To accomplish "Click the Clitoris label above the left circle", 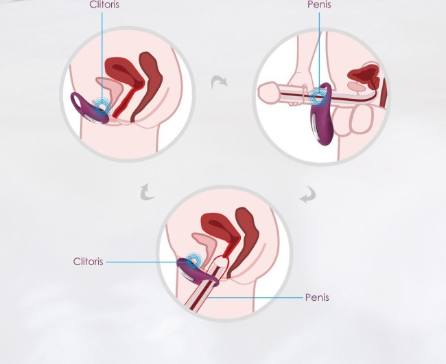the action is click(x=104, y=5).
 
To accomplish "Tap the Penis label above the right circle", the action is click(x=319, y=5).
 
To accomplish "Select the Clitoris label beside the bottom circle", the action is click(x=89, y=262).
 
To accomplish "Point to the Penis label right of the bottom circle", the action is click(x=317, y=297).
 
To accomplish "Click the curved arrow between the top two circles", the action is click(x=219, y=81).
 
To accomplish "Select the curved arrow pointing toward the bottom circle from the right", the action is click(x=309, y=195).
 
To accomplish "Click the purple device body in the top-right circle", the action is click(x=321, y=122).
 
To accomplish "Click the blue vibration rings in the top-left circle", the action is click(x=102, y=106).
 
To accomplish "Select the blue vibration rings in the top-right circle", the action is click(x=318, y=96).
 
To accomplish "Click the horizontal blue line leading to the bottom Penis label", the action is click(x=255, y=297).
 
